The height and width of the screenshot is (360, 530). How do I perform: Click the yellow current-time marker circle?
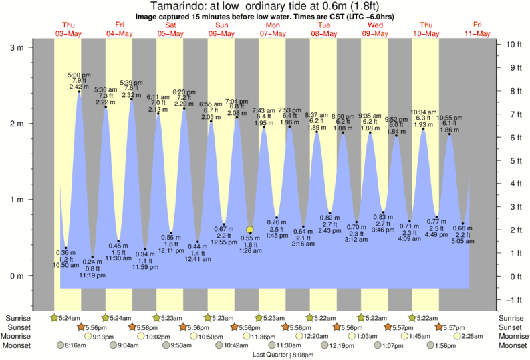pos(250,230)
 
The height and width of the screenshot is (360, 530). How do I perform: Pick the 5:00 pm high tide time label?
pos(80,75)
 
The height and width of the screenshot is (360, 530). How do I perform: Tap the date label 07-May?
pos(273,33)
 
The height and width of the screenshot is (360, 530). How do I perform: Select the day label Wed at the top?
pos(375,25)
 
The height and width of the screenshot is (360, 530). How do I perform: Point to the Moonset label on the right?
pos(512,345)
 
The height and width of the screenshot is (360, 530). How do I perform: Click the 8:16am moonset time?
pos(76,346)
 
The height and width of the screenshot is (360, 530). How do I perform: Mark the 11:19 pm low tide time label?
pos(92,275)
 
